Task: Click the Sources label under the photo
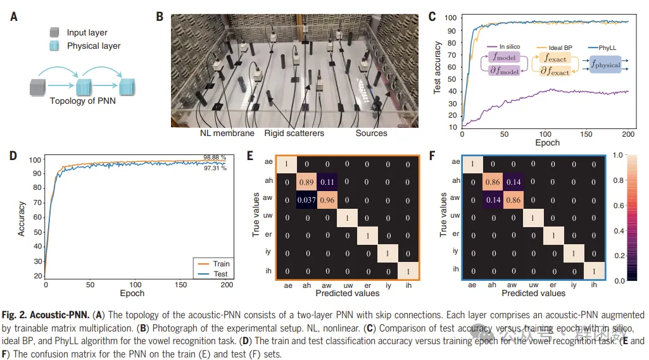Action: coord(371,133)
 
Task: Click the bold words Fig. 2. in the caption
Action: coord(19,314)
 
